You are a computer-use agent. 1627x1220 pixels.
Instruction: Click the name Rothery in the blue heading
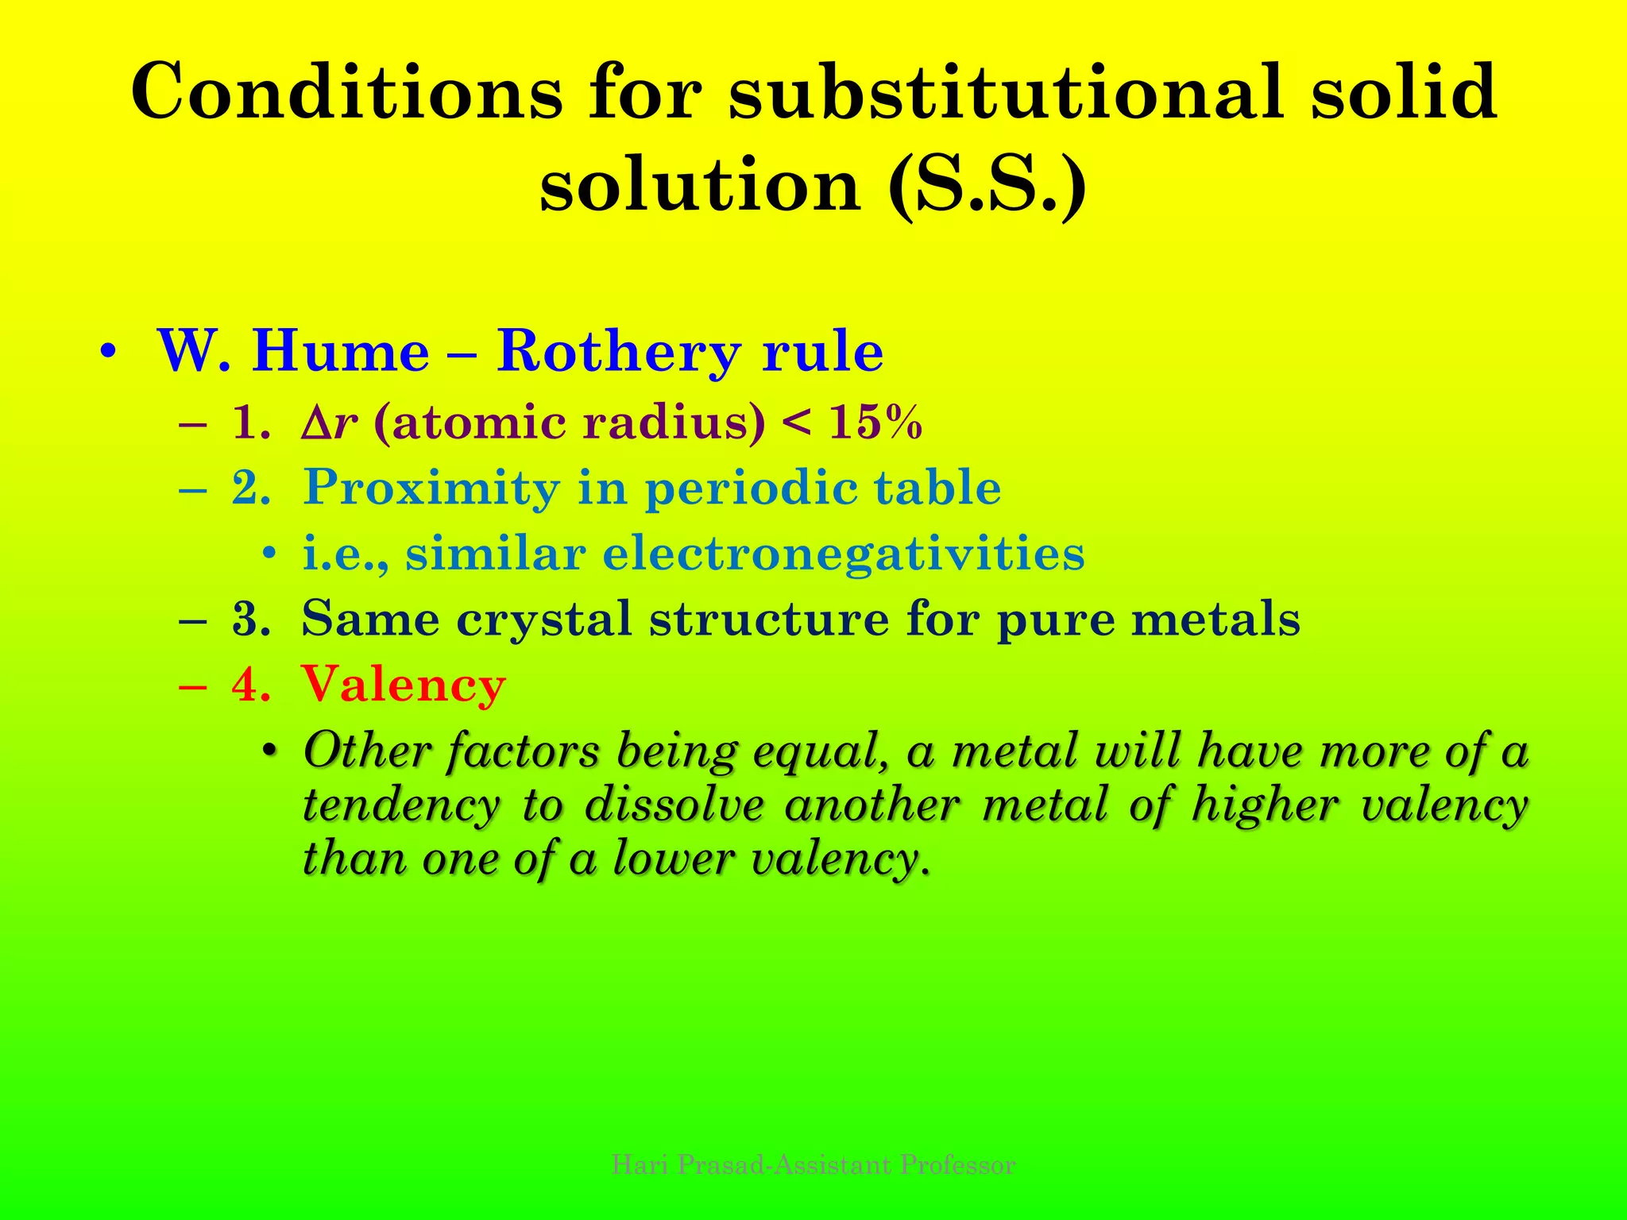click(619, 350)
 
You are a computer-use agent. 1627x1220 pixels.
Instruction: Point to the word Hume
click(341, 350)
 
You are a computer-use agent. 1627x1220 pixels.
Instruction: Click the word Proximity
click(431, 487)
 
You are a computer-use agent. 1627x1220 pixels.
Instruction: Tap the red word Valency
click(404, 684)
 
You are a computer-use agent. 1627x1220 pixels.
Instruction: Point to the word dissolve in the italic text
click(674, 805)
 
